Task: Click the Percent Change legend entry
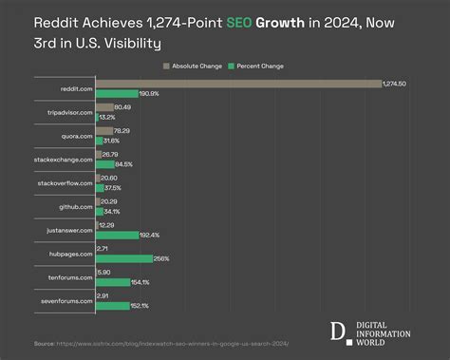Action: click(x=260, y=66)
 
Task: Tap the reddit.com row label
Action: click(x=74, y=90)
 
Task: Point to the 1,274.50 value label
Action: click(x=394, y=85)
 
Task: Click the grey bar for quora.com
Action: click(x=103, y=131)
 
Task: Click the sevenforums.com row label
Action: click(x=66, y=299)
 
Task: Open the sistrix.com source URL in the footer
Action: click(x=171, y=344)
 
